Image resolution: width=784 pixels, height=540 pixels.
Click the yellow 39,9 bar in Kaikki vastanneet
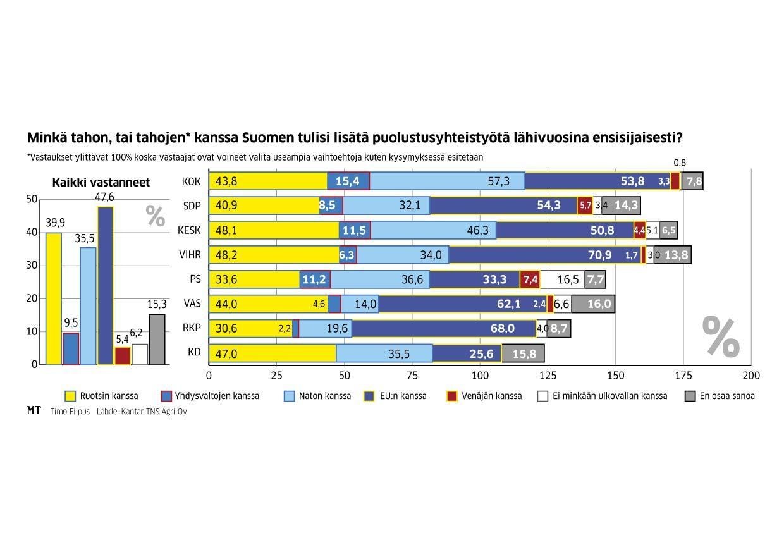(x=54, y=298)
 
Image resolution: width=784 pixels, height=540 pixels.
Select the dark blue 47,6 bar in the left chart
(x=105, y=286)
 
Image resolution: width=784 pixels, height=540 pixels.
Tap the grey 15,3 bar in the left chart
(x=157, y=340)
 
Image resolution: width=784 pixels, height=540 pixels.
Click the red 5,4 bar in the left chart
(x=122, y=356)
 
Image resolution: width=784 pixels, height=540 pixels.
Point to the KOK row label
(x=191, y=181)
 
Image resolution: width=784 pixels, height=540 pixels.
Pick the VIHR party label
(x=190, y=255)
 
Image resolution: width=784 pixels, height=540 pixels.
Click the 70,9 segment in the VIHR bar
(x=544, y=255)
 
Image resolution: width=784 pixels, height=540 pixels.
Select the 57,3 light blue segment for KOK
(x=447, y=181)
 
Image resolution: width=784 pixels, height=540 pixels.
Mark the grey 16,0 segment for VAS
(x=592, y=304)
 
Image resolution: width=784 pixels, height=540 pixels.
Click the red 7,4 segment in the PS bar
(x=530, y=279)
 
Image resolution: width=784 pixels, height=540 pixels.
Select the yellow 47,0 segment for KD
(x=273, y=353)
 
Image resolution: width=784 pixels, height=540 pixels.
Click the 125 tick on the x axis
(x=548, y=375)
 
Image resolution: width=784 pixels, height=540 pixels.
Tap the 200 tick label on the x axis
(x=750, y=375)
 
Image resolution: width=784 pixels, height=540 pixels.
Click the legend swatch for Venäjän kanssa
(x=452, y=396)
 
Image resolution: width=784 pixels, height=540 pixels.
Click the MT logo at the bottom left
(x=34, y=410)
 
